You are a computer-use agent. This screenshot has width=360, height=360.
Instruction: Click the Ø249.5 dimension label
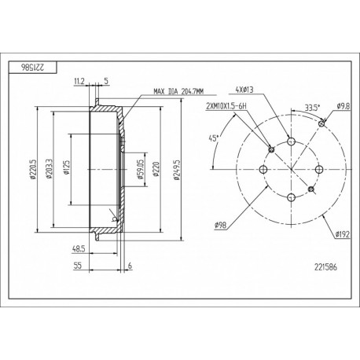pyautogui.click(x=177, y=170)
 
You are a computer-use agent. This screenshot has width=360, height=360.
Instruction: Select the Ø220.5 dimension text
pyautogui.click(x=33, y=170)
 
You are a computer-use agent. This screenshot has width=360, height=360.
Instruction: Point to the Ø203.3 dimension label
pyautogui.click(x=49, y=169)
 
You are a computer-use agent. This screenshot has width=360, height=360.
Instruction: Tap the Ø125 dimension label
pyautogui.click(x=66, y=167)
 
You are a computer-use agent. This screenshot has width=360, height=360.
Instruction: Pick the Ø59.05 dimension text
pyautogui.click(x=140, y=169)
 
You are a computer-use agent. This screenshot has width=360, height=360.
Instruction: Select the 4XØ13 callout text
pyautogui.click(x=244, y=90)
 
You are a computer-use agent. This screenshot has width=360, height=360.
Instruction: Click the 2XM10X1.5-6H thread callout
pyautogui.click(x=226, y=106)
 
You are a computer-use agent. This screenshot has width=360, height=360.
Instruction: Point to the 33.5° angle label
pyautogui.click(x=312, y=108)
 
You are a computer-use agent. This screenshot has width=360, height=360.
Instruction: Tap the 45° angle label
pyautogui.click(x=214, y=138)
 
